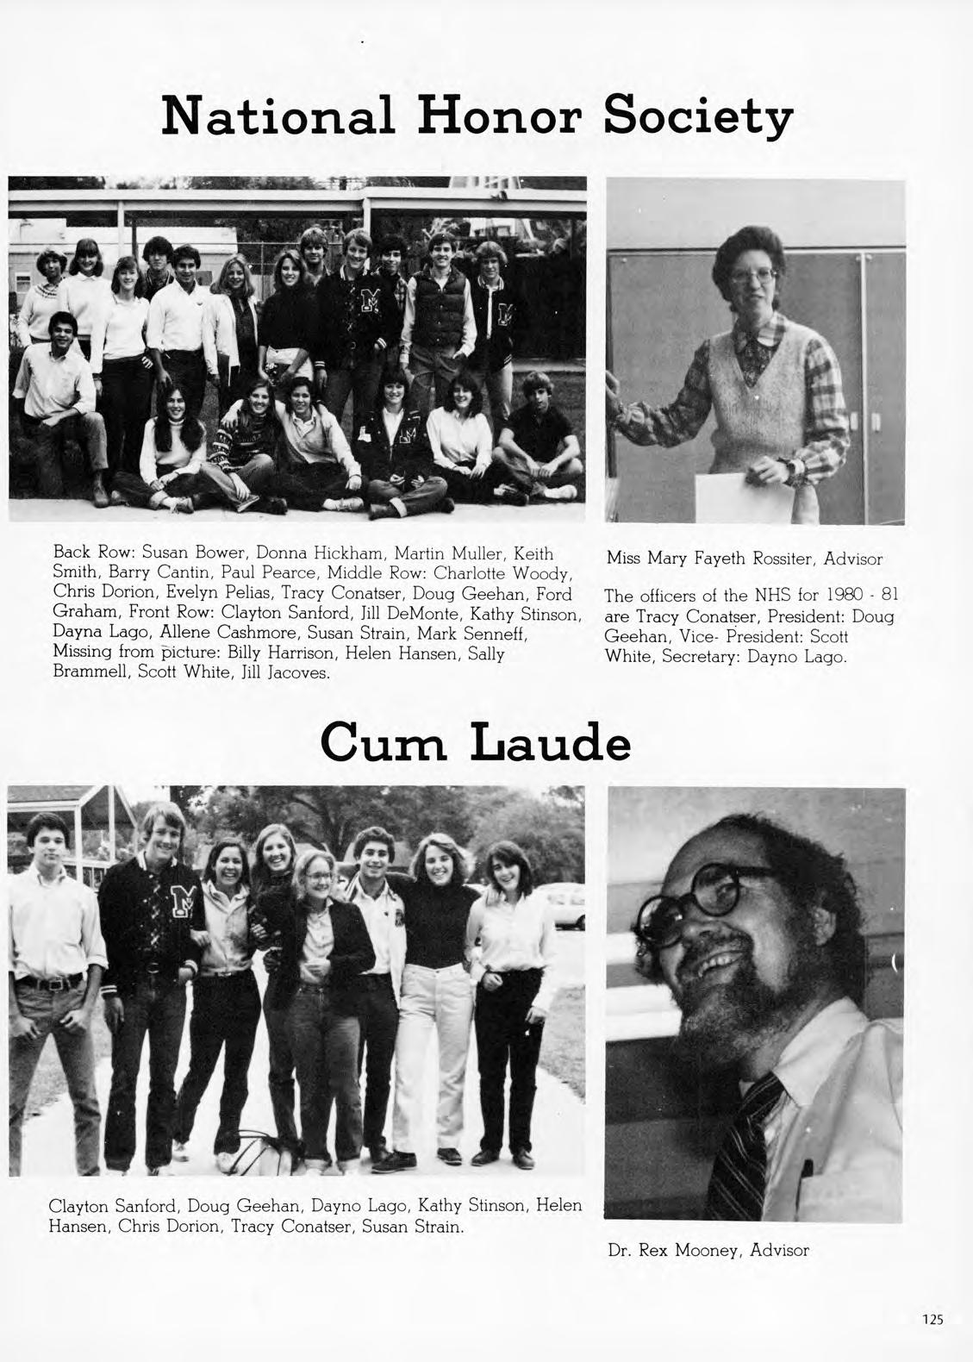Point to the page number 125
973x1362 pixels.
(932, 1320)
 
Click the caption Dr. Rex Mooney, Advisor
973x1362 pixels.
(708, 1250)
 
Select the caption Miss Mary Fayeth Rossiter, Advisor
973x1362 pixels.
(745, 559)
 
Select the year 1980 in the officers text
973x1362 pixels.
(833, 596)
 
